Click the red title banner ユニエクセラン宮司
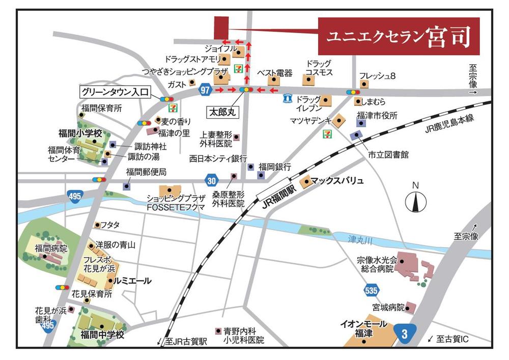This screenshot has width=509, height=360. pos(399,36)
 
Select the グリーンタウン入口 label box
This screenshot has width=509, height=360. pos(115,92)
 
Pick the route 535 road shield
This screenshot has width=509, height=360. pos(372,291)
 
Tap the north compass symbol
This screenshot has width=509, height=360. pos(415,200)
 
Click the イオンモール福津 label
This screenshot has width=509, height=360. pos(363,328)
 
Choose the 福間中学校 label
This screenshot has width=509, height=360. pos(102,335)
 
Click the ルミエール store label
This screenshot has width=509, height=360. pos(133,281)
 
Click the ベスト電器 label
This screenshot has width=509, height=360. pos(274,73)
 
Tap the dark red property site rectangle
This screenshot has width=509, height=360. pos(221,26)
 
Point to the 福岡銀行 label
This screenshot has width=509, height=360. pos(275,167)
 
